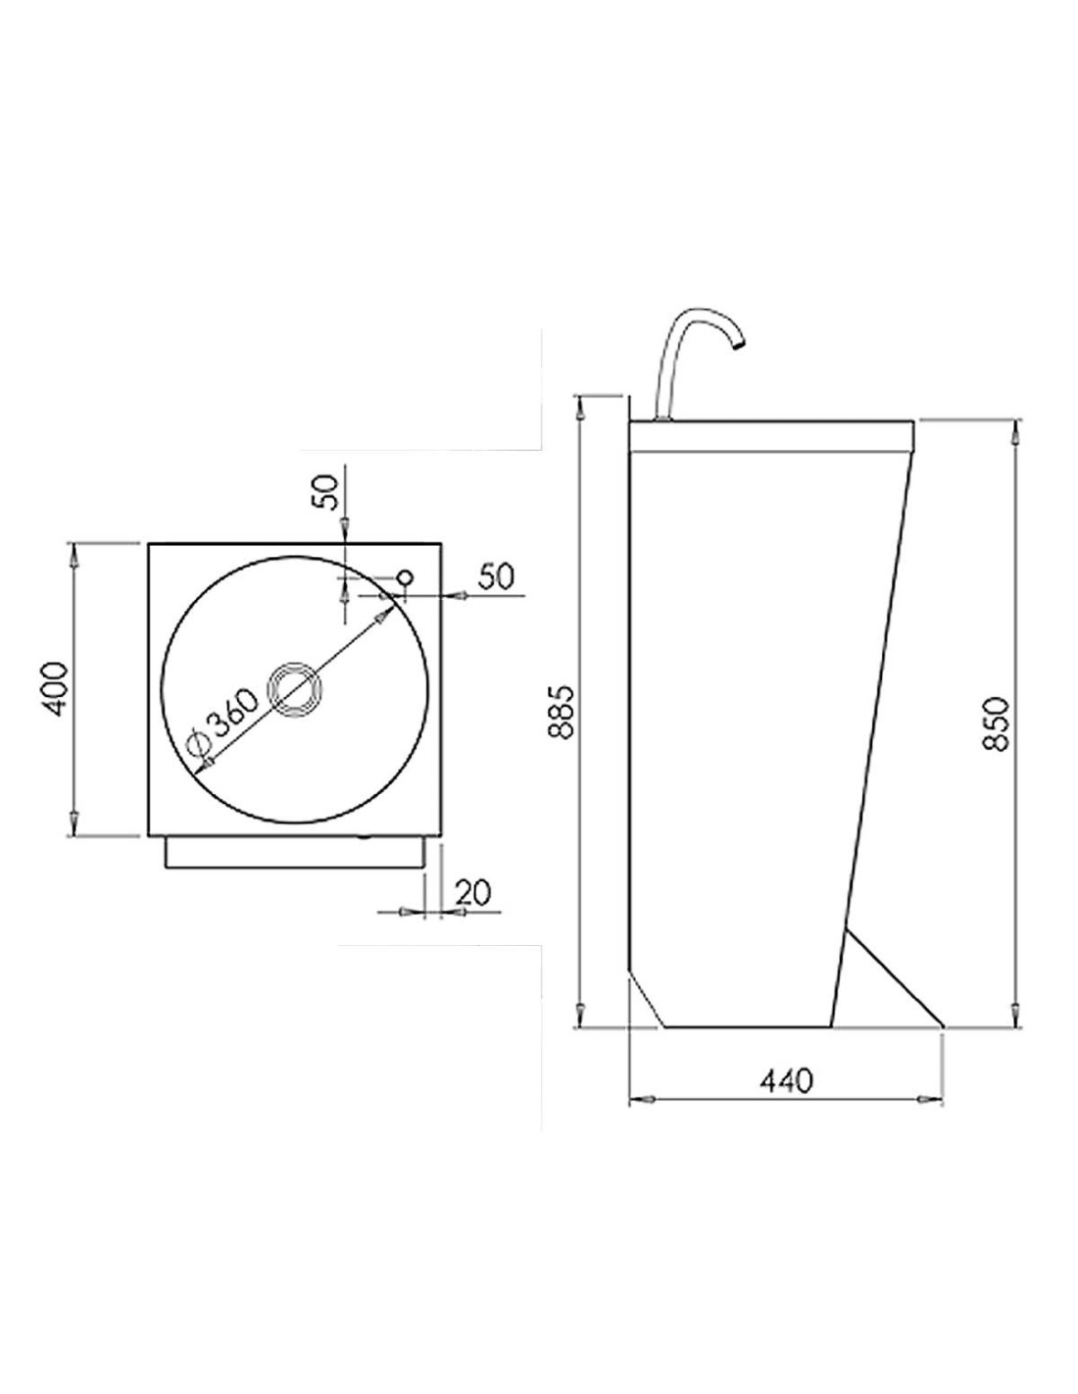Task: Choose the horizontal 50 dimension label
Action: pos(496,577)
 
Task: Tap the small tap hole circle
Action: pos(406,576)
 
